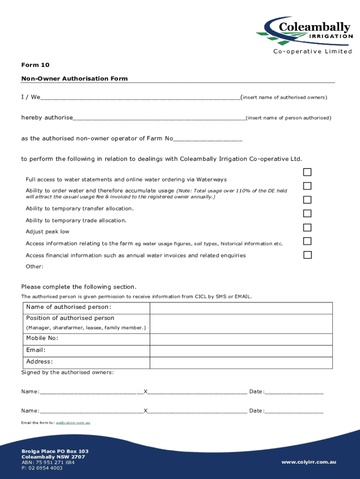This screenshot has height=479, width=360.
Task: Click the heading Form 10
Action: coord(35,65)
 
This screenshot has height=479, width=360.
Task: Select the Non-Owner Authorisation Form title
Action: coord(74,79)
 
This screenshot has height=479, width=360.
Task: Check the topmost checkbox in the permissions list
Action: coord(307,172)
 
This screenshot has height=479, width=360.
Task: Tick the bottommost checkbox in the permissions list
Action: coord(307,255)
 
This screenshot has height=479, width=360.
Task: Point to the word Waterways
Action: coord(211,180)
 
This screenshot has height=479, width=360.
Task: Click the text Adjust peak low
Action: coord(47,232)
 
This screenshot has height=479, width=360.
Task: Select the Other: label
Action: coord(35,267)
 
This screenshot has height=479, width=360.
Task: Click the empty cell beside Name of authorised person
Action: coord(241,308)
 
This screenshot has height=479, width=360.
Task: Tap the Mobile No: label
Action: coord(42,338)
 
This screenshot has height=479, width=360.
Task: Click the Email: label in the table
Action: coord(36,350)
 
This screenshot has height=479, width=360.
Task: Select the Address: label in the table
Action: coord(39,362)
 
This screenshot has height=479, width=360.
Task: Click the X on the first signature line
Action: coord(145,392)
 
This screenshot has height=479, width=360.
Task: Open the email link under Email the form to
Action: coord(73,423)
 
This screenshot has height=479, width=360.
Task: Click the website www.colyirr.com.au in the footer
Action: coord(309,462)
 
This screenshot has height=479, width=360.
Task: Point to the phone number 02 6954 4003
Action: coord(45,468)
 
